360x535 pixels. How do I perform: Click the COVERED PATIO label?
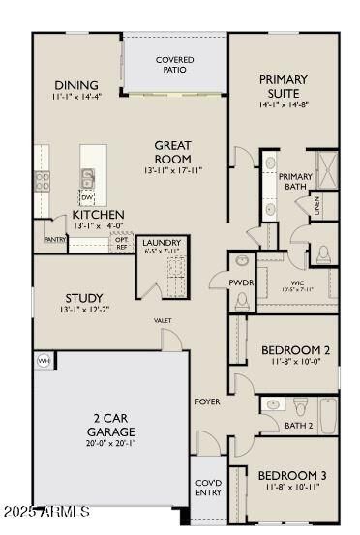pos(174,65)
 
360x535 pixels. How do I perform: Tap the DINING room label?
pos(76,85)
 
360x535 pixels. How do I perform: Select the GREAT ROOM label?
pos(172,152)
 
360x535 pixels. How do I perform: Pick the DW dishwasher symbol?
pos(87,197)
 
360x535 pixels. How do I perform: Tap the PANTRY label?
pos(55,238)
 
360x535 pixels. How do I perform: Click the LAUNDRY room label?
pos(161,243)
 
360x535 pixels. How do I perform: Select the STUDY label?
pos(85,298)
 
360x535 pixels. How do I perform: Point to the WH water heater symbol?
pos(43,360)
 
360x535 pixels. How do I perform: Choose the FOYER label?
pos(207,401)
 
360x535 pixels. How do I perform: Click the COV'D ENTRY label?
pos(209,487)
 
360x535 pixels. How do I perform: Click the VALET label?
pos(162,320)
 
